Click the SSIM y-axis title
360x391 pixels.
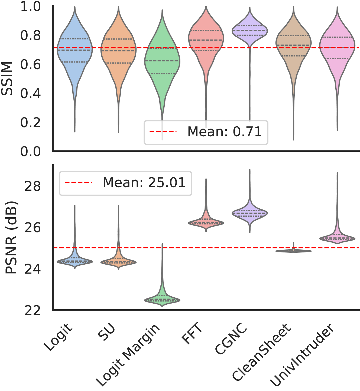[8, 78]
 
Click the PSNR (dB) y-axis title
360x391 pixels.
[11, 238]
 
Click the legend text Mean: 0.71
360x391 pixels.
[225, 132]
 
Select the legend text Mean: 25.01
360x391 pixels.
[144, 183]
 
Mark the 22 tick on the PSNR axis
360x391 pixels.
[33, 310]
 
